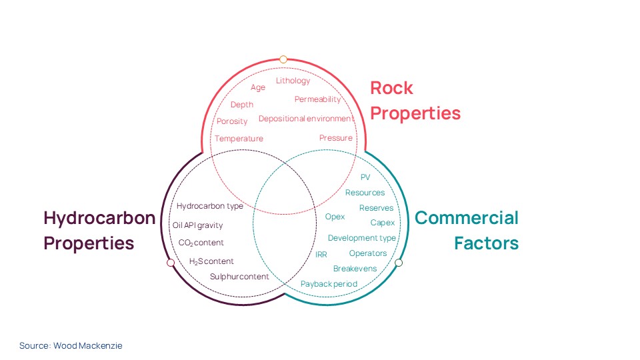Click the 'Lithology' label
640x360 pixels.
(x=293, y=81)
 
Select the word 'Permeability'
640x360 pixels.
(x=317, y=99)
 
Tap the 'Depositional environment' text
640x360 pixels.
(x=306, y=119)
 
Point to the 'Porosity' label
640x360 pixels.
(x=232, y=121)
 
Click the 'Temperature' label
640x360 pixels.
(x=239, y=139)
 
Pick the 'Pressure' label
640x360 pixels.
(x=335, y=138)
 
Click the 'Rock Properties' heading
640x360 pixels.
(x=415, y=101)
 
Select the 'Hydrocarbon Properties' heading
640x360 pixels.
(x=99, y=230)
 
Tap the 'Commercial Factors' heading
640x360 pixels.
(x=467, y=230)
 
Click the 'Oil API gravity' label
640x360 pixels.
(x=197, y=225)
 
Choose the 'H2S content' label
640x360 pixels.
(x=211, y=261)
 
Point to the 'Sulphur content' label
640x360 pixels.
(x=239, y=277)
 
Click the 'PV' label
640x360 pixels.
(x=365, y=177)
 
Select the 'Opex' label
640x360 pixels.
(x=335, y=217)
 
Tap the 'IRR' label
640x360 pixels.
(x=321, y=255)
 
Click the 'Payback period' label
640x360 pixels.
(x=329, y=284)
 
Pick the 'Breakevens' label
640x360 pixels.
(x=355, y=269)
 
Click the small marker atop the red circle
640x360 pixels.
(x=283, y=59)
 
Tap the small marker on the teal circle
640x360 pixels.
(x=399, y=263)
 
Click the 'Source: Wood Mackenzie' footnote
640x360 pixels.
(x=71, y=345)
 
